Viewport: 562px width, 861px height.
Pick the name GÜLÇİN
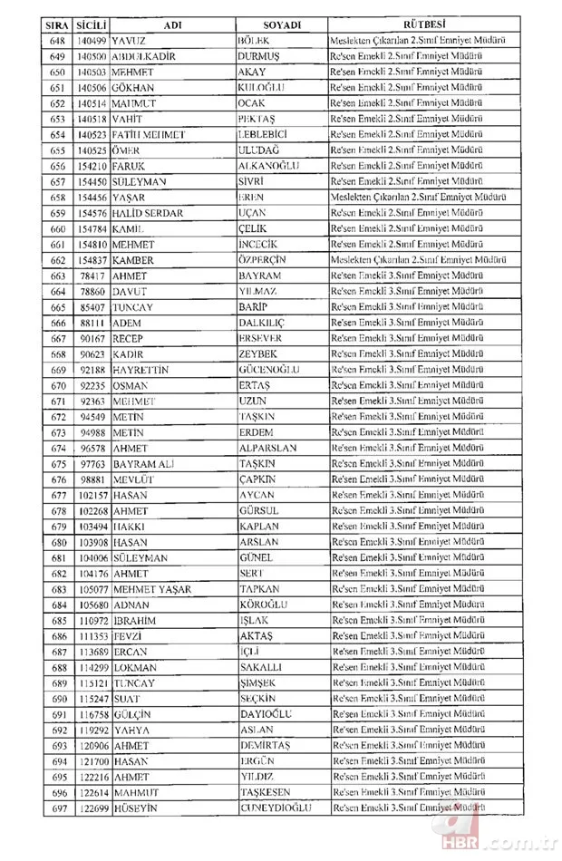[132, 714]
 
